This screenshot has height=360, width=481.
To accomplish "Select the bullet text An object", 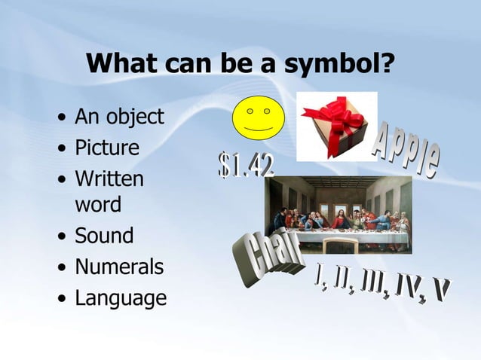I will point(119,117).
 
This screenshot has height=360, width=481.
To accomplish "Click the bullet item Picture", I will point(107,148).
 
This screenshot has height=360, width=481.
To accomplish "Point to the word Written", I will point(109,179).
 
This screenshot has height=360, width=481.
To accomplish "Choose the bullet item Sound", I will point(104,236).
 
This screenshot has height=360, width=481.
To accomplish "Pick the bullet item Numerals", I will point(119,267).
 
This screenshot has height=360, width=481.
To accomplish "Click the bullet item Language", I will point(121,297).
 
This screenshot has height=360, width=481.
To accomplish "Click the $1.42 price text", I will point(246,166).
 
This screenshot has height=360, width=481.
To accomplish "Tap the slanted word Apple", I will point(406,150).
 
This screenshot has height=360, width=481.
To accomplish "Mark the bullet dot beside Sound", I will point(61,236).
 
